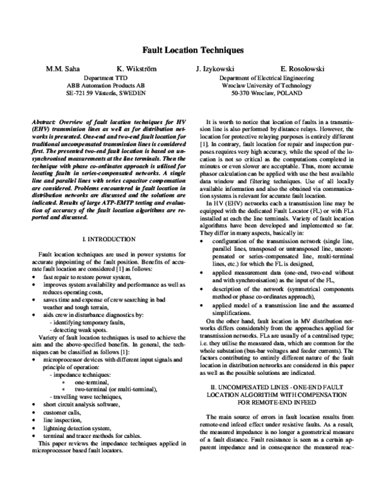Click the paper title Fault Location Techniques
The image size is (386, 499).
point(192,49)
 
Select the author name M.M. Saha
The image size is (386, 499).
point(62,68)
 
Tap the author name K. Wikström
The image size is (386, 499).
point(135,68)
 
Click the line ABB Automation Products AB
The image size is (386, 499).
point(106,84)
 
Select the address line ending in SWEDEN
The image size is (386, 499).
point(106,92)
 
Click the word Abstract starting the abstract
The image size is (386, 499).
point(43,122)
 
